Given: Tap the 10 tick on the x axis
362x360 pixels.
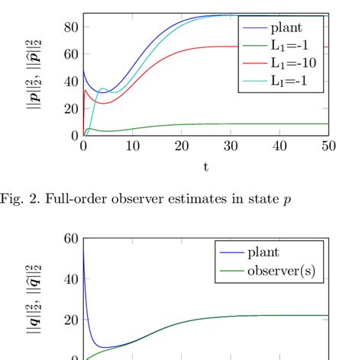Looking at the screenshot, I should click(x=132, y=146).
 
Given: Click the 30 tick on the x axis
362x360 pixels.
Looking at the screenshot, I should click(x=231, y=146).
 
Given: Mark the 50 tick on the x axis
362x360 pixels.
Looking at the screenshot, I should click(x=329, y=146).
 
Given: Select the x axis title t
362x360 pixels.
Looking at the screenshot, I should click(x=206, y=166).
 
